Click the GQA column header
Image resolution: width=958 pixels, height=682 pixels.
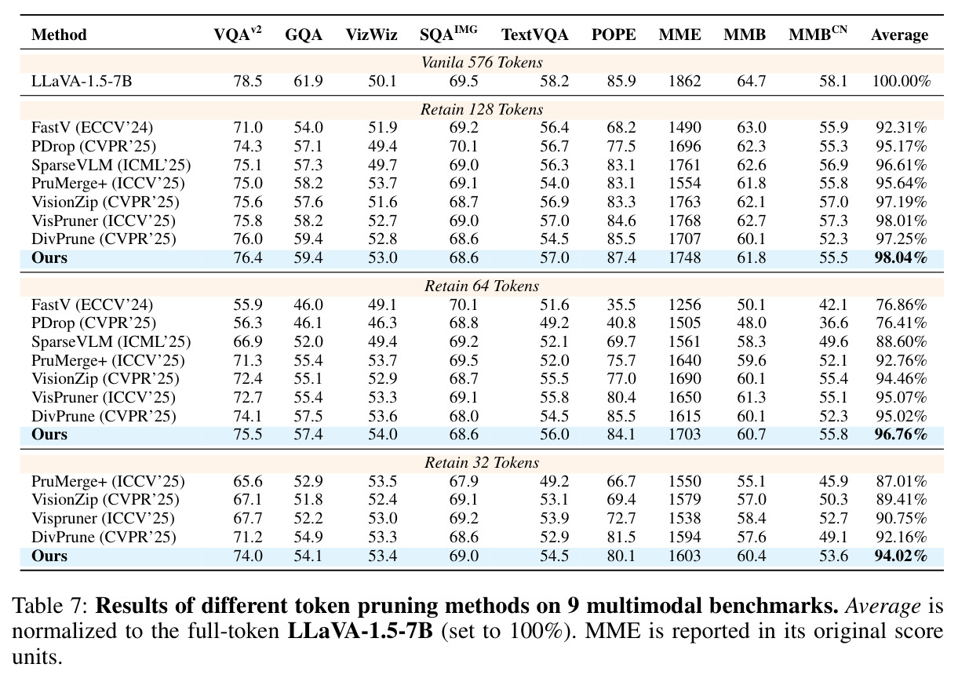tap(303, 35)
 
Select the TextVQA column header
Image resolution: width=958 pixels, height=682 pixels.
tap(534, 35)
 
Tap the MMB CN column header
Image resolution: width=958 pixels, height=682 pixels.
tap(818, 34)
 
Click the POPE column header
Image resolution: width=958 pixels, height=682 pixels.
tap(614, 35)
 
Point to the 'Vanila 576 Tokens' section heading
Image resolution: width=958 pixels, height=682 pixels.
tap(482, 63)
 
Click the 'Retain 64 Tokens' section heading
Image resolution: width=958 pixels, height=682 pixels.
tap(482, 286)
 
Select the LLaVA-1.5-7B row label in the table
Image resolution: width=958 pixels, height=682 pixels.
tap(82, 81)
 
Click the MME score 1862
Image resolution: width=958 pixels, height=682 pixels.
tap(685, 81)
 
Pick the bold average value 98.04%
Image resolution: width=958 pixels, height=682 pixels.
tap(901, 257)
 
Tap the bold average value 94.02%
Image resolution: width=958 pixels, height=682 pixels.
tap(901, 556)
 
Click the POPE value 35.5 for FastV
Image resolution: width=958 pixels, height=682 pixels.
tap(621, 305)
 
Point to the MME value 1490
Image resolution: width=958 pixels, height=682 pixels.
tap(685, 127)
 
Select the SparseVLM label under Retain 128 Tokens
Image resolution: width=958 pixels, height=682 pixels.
tap(111, 165)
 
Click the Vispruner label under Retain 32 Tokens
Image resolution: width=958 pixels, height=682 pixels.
tap(103, 519)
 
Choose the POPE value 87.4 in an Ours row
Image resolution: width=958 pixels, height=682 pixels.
tap(621, 257)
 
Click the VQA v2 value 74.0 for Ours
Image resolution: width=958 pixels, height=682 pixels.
tap(248, 556)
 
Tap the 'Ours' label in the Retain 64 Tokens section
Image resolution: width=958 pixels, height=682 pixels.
tap(49, 434)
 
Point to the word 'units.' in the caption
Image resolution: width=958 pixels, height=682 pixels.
tap(37, 657)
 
